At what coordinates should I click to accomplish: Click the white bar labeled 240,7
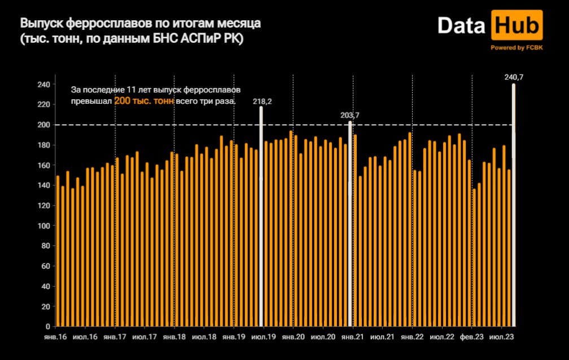click(513, 203)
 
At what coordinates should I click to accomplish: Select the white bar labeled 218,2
click(261, 214)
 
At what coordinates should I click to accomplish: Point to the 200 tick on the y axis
click(45, 125)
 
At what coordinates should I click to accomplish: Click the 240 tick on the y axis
click(45, 85)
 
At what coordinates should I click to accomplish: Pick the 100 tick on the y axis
click(45, 226)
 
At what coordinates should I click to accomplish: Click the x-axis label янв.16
click(56, 337)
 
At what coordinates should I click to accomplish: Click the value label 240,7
click(514, 77)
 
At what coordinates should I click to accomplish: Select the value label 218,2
click(262, 101)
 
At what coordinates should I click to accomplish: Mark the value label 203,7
click(350, 115)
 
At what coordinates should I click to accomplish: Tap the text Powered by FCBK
click(517, 48)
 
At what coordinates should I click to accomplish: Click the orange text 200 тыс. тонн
click(143, 100)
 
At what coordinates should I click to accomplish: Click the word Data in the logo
click(462, 27)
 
